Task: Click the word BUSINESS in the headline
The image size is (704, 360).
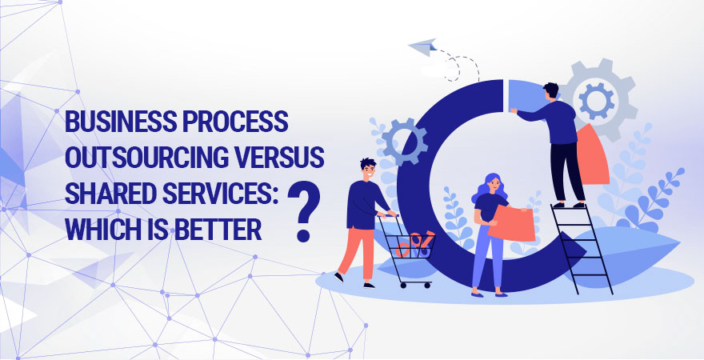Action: click(120, 121)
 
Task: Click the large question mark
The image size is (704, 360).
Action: click(305, 211)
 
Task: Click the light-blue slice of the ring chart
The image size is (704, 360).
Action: click(526, 94)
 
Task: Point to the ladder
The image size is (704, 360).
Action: click(582, 248)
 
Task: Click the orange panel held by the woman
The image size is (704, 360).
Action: click(511, 223)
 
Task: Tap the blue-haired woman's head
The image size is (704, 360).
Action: click(490, 185)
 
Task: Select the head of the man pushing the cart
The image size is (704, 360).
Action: click(367, 170)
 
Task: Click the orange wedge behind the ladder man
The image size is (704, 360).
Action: click(592, 155)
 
